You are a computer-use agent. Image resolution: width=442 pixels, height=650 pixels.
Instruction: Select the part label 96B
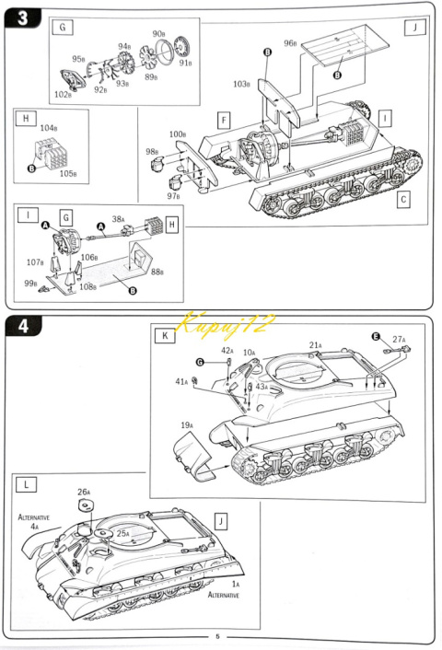tap(290, 43)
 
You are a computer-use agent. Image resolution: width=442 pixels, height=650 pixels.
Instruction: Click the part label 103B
tap(241, 84)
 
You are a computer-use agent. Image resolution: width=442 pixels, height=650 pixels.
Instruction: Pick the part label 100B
tap(177, 135)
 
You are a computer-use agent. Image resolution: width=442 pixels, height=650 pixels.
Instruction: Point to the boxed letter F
tap(224, 119)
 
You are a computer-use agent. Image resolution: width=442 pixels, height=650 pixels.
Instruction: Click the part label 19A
tap(186, 425)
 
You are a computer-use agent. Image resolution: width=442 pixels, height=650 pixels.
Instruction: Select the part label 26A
tap(83, 492)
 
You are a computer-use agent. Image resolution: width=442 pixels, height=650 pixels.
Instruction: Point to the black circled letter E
tap(376, 336)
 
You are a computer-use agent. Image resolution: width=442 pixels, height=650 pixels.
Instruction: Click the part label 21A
tap(315, 345)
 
